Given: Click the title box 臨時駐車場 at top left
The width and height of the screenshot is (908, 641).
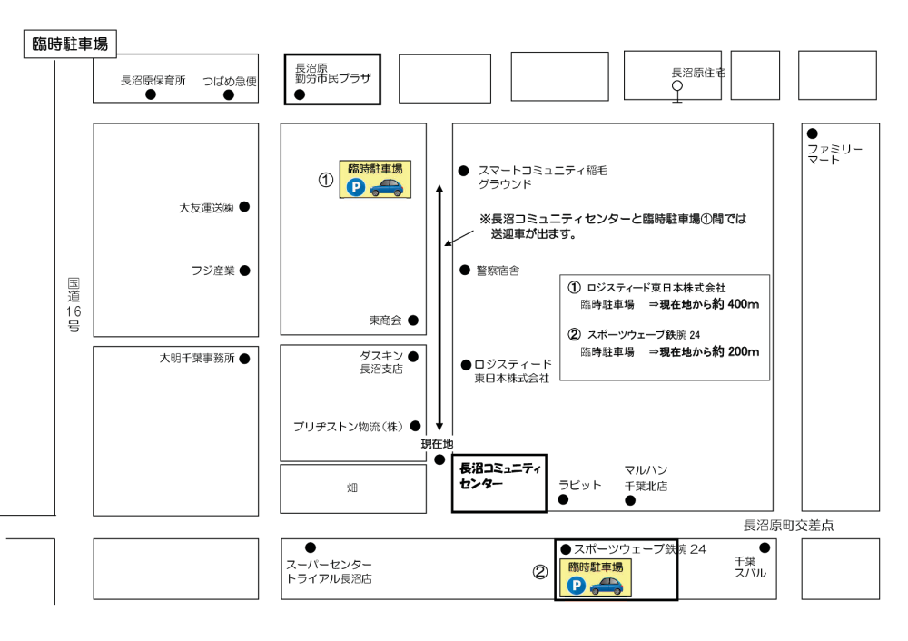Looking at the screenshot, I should pos(69,44).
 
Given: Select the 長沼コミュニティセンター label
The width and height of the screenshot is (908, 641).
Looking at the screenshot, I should pos(499,477).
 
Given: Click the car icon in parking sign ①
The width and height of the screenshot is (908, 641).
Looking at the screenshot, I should pos(387,187).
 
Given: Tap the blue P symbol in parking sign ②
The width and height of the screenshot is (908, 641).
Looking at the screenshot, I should pos(577,586).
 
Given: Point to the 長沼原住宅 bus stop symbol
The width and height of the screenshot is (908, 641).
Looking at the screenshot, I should pos(676,88).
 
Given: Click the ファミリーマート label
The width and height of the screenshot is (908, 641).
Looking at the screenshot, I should pos(834,154).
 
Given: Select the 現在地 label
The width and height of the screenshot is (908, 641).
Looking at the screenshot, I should pos(437,444).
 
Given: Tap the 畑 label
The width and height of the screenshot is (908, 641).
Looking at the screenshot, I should pos(352,488).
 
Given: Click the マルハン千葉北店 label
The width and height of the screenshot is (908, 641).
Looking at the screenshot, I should pos(646,478).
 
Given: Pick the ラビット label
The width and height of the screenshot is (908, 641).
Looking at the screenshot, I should pos(579,485).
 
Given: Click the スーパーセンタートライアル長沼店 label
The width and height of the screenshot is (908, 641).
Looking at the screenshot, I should pos(329,572).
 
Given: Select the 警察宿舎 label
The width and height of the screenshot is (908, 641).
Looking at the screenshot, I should pos(498,271).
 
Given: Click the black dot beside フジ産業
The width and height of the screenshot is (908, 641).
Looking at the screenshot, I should pos(244,271).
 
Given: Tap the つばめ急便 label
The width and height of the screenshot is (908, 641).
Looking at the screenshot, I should pos(230,81).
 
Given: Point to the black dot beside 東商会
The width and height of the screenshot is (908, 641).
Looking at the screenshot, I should pos(413,320).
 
